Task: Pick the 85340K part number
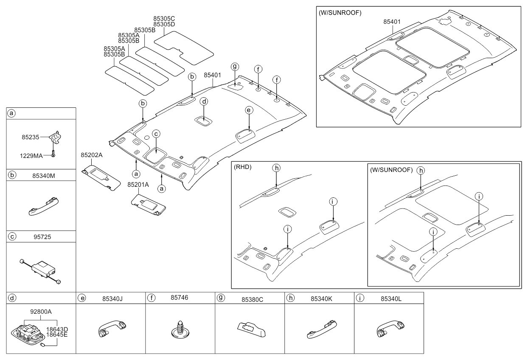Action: click(x=320, y=298)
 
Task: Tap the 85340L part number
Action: click(x=390, y=298)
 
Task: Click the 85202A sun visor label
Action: click(x=91, y=155)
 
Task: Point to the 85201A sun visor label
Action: click(x=138, y=185)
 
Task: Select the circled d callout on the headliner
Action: click(x=204, y=101)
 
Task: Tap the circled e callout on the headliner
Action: click(x=249, y=110)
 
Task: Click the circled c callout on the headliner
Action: click(x=156, y=134)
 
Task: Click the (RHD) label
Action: click(x=242, y=167)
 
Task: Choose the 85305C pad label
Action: click(x=164, y=19)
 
